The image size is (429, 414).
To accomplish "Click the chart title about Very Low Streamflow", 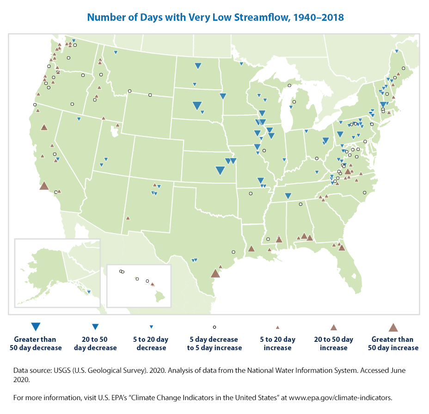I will point(215,18).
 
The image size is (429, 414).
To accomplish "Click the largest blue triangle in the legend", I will point(36,327).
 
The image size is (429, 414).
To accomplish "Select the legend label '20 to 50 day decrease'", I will point(95,344).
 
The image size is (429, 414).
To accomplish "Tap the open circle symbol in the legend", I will point(214,327).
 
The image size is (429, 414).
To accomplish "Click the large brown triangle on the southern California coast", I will point(44,185).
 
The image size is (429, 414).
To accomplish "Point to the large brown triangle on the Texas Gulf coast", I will point(215,273).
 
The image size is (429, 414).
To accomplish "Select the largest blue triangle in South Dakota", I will point(196,105).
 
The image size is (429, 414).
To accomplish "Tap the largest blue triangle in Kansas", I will point(220,170).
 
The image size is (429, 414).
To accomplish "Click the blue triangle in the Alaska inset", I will point(88,291).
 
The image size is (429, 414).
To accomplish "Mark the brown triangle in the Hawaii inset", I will point(153,284).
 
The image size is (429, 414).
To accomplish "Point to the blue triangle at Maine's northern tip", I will point(397,51).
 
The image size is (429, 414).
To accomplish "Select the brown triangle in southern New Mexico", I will point(128,218).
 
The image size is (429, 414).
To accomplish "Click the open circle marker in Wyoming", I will point(150,95).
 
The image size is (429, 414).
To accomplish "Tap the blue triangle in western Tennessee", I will point(288,196).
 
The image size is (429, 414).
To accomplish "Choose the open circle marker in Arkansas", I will point(250,193).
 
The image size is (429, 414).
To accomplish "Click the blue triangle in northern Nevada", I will point(79,119).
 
